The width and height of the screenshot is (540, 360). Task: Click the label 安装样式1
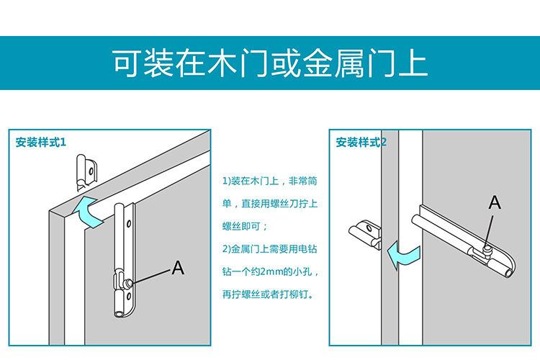pos(40,143)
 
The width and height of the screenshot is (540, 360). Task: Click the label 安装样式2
pos(361,143)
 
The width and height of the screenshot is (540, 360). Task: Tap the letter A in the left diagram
pos(178,267)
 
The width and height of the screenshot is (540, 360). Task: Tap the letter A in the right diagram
pos(495,202)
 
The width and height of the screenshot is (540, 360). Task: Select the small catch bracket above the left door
pos(86,172)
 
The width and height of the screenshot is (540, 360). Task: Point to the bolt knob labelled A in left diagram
pos(129,283)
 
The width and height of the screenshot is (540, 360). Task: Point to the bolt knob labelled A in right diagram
pos(487,248)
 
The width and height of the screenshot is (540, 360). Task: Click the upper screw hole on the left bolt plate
pos(129,224)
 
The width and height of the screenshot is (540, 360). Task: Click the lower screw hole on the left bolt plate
pos(128,297)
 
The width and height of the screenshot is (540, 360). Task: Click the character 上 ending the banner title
pos(413,63)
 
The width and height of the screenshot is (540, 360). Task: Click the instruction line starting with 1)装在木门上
pos(270,181)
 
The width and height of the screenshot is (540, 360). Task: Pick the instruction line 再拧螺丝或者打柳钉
pos(268,294)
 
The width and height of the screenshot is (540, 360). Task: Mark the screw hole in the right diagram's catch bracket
pos(369,228)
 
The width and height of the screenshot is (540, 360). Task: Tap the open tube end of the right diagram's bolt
pos(509,273)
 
